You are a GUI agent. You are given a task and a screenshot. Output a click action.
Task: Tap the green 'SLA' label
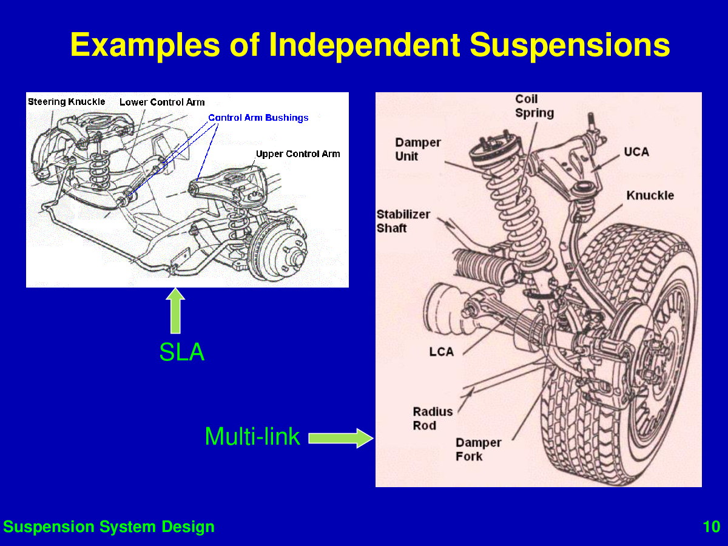(x=181, y=352)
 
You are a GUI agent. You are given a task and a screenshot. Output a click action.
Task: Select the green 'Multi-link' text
(x=252, y=436)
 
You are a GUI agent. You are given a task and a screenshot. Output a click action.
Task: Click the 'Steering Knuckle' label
(x=67, y=101)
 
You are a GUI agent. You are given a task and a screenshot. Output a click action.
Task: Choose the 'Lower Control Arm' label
(x=162, y=102)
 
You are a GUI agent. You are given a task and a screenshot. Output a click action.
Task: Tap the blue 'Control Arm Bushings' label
(x=258, y=118)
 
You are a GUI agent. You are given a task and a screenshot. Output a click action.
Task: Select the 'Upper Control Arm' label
(x=298, y=153)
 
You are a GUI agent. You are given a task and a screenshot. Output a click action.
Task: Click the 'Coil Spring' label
(x=534, y=106)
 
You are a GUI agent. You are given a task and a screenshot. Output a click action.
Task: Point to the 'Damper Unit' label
(x=418, y=149)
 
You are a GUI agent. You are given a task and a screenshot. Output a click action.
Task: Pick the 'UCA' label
(x=636, y=152)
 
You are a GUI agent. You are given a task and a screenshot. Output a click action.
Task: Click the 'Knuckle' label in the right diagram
(x=650, y=195)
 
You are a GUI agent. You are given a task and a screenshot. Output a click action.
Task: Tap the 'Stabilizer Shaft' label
(x=403, y=221)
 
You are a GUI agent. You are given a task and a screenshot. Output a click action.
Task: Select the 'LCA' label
(x=441, y=352)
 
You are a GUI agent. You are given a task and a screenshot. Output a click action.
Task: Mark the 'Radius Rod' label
(x=433, y=419)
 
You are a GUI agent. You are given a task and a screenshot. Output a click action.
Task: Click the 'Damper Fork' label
(x=479, y=450)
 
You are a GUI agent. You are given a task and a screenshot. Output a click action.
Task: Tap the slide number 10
(x=711, y=527)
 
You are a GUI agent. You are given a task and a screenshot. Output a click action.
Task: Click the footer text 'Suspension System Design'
(x=109, y=527)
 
